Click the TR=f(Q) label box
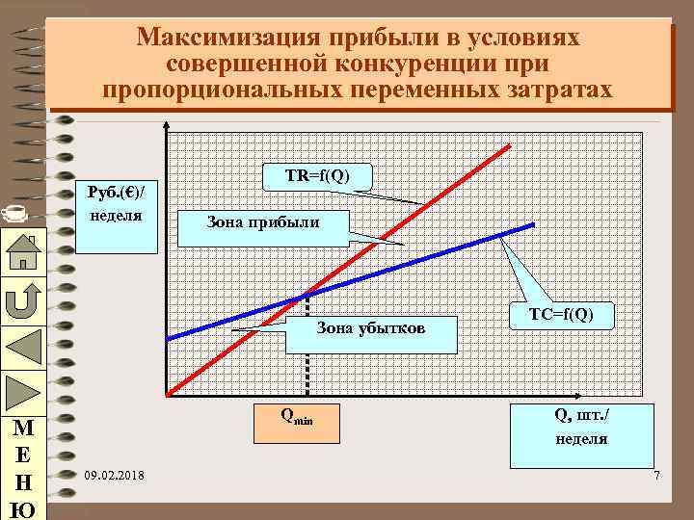(317, 177)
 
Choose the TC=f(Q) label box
(562, 314)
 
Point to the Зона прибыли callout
(262, 223)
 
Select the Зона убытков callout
(371, 329)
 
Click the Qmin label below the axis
(297, 416)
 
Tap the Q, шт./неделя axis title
(581, 426)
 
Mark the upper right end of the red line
(508, 145)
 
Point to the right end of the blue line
(533, 225)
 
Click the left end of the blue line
(168, 338)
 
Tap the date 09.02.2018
(115, 476)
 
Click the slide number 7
(655, 477)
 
